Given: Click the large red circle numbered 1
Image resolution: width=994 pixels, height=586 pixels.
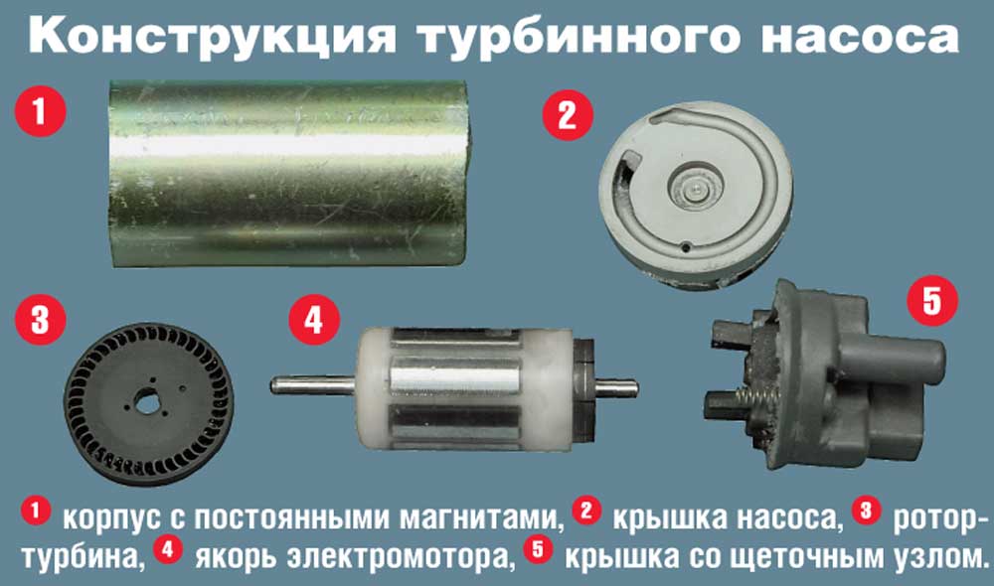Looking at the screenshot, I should click(41, 111).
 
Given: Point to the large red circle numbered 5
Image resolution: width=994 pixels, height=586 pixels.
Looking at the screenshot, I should click(931, 301).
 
